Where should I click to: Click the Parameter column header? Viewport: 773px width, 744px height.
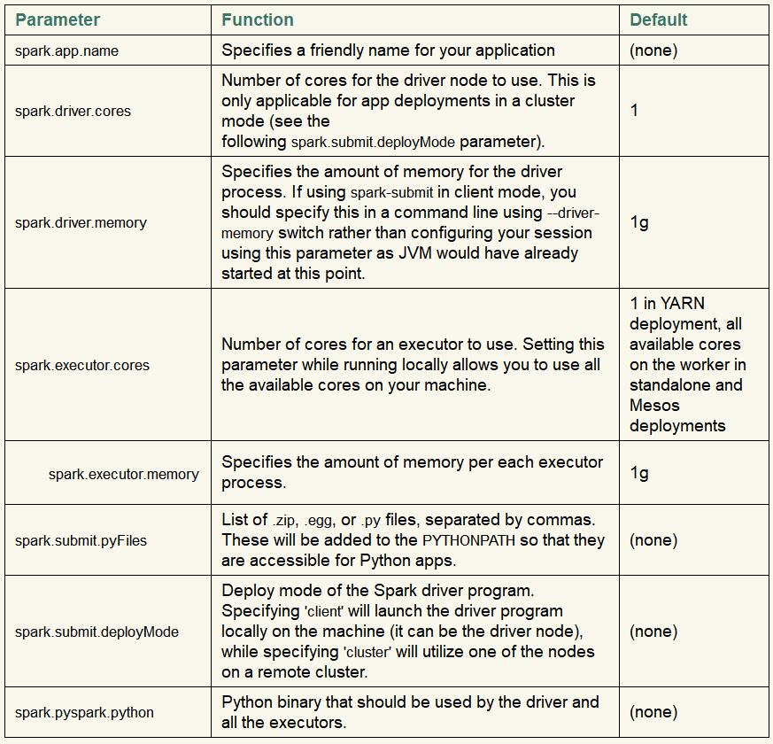click(x=58, y=19)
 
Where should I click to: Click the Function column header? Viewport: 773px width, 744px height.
click(x=258, y=19)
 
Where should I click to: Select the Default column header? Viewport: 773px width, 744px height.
click(x=659, y=19)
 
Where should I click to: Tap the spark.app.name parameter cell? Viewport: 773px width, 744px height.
click(x=66, y=51)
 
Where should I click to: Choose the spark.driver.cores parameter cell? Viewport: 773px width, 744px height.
click(x=73, y=112)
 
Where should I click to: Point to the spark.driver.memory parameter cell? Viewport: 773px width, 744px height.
click(x=81, y=222)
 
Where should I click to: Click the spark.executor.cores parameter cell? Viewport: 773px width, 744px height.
click(x=82, y=365)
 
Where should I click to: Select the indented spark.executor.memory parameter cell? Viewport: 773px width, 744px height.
click(x=124, y=474)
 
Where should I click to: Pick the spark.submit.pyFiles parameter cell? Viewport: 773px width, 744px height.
click(x=81, y=540)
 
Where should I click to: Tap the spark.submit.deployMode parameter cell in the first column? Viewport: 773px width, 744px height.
click(x=97, y=632)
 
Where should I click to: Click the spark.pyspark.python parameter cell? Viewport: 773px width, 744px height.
click(x=84, y=712)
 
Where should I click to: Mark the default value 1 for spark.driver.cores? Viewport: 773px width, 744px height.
click(x=634, y=111)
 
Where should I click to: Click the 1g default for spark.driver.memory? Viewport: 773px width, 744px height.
click(x=639, y=221)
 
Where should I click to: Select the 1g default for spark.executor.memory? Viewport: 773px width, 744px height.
click(x=639, y=473)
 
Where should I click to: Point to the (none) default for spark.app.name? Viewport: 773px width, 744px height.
click(x=653, y=50)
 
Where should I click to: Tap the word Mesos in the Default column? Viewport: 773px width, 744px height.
click(x=654, y=406)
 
